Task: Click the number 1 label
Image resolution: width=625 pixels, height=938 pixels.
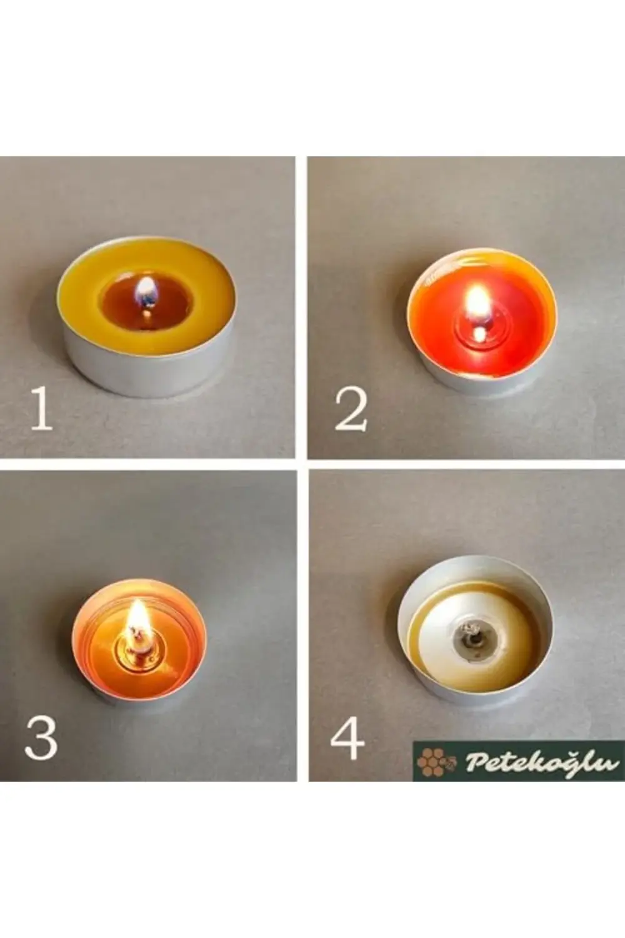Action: [41, 408]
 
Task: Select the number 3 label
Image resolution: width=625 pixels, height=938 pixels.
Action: [41, 738]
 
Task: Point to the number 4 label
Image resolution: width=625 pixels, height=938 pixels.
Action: [347, 738]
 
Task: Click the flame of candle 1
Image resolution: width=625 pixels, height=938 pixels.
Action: [145, 291]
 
